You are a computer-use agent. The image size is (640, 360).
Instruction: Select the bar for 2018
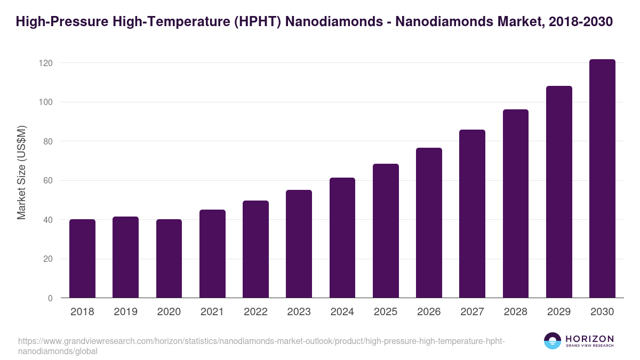[82, 259]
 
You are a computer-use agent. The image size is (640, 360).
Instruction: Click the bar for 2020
[169, 259]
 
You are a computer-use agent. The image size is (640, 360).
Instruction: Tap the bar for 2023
[299, 244]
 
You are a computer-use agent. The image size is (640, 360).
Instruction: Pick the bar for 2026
[429, 223]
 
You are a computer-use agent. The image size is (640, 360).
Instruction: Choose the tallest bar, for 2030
[602, 179]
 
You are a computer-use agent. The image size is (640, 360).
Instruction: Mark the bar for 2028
[516, 204]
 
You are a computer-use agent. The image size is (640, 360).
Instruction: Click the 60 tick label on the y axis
[48, 181]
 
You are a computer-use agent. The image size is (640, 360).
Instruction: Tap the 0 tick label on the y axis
[50, 298]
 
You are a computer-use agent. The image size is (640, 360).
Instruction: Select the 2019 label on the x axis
[125, 312]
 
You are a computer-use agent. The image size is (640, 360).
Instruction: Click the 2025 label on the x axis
[386, 312]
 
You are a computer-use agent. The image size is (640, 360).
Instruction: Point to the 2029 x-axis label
[559, 312]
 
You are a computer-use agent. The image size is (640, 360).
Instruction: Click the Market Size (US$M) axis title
[21, 172]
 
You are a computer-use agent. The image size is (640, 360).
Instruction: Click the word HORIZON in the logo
[589, 339]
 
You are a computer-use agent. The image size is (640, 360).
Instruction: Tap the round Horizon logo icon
[553, 341]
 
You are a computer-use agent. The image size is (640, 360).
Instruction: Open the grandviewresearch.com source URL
[261, 341]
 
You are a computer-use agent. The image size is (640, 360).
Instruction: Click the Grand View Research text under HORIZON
[589, 346]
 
